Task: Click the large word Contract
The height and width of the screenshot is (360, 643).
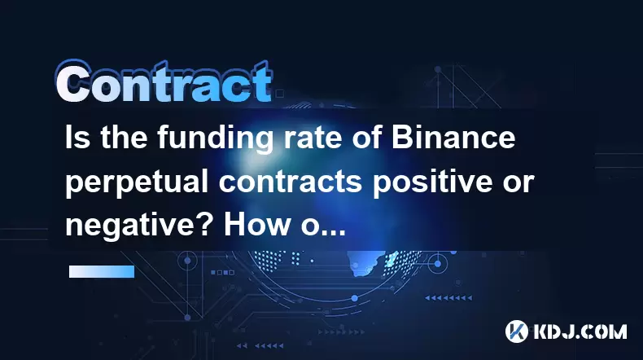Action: (164, 81)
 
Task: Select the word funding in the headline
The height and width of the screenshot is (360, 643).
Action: (216, 139)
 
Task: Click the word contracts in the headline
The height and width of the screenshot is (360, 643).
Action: (291, 182)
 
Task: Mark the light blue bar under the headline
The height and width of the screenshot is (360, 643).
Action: (102, 271)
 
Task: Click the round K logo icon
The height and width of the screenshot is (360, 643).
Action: (516, 331)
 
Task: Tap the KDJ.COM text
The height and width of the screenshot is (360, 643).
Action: (579, 331)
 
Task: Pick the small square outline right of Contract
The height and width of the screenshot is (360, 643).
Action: (280, 94)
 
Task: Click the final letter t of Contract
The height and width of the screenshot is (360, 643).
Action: (261, 82)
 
